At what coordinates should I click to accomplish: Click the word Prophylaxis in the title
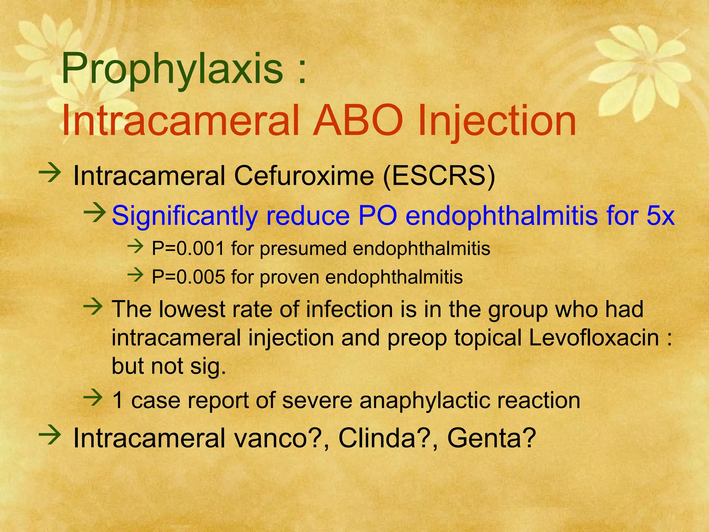point(172,69)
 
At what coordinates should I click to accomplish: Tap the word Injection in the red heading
point(497,121)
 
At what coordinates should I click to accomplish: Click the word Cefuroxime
point(304,176)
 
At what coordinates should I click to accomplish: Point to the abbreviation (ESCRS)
point(439,176)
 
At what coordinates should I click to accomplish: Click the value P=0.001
point(188,249)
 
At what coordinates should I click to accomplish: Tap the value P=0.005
point(188,277)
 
